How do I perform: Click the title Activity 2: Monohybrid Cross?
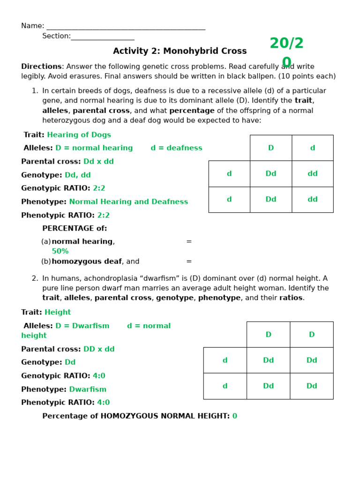(x=180, y=51)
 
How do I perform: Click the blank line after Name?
(x=126, y=27)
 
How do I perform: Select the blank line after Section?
(x=102, y=37)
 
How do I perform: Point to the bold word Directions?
(x=41, y=67)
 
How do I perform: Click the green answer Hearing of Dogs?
(x=79, y=135)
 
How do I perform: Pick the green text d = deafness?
(x=176, y=148)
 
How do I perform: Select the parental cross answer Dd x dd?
(x=98, y=162)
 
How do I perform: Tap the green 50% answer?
(x=60, y=251)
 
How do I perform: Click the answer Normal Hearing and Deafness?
(x=128, y=202)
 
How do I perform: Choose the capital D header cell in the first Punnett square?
(x=270, y=148)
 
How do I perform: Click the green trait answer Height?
(x=58, y=313)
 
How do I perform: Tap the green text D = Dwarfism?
(x=82, y=326)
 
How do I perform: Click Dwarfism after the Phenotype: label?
(x=88, y=390)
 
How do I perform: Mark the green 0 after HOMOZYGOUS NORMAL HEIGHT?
(x=235, y=416)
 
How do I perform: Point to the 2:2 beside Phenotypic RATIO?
(x=104, y=216)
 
